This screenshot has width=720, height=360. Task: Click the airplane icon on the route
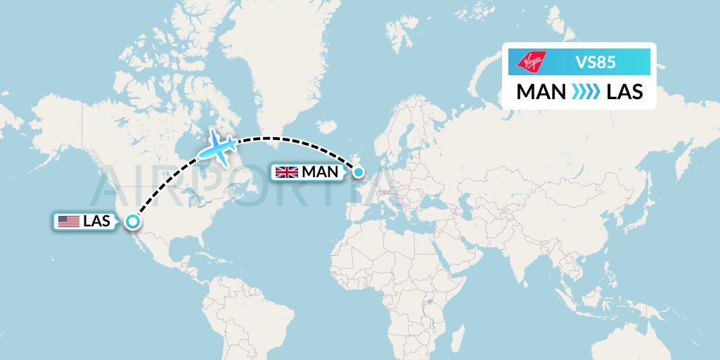click(219, 146)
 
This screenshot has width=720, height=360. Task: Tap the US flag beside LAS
click(68, 221)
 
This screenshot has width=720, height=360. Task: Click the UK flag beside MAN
click(287, 172)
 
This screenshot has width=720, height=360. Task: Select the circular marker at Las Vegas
click(132, 222)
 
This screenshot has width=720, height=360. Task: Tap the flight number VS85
click(595, 62)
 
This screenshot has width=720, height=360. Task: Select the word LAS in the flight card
click(624, 91)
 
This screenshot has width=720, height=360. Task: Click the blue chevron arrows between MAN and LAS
click(582, 91)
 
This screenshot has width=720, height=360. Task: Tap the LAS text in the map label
click(96, 221)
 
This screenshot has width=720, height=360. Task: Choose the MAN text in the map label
click(320, 172)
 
